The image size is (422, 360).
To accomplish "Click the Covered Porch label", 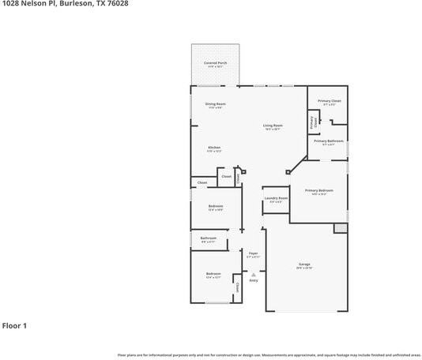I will [216, 64].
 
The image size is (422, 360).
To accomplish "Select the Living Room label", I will [273, 127].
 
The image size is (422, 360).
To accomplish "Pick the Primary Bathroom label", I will [329, 142].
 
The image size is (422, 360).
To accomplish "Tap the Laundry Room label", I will [276, 200].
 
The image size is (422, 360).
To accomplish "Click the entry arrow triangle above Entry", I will [254, 274].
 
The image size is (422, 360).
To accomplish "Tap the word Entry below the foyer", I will [254, 280].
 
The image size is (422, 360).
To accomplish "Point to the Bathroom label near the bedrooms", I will [209, 239].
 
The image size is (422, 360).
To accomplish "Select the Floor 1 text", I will [15, 325].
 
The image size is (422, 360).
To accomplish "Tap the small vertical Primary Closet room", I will [314, 122].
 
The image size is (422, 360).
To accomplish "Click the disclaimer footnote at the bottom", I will [269, 354].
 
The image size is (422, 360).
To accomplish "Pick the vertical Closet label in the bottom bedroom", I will [238, 287].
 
